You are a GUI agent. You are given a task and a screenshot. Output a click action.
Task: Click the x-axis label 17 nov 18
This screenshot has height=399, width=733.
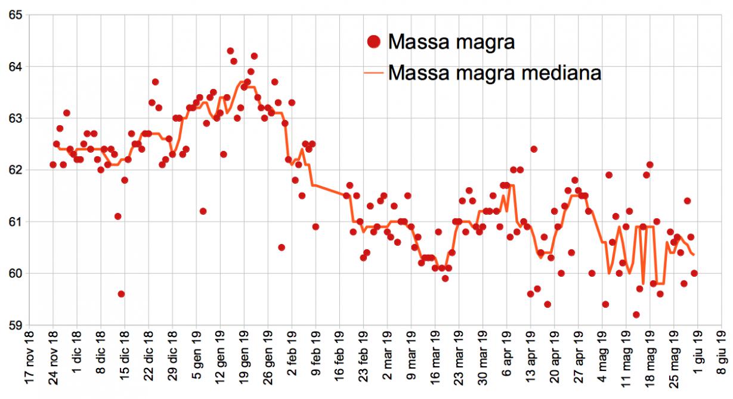click(x=30, y=361)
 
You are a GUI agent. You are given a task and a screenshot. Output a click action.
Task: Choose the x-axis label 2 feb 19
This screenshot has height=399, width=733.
click(x=292, y=361)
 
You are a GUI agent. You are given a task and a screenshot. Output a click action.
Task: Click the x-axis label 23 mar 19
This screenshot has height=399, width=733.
click(x=459, y=361)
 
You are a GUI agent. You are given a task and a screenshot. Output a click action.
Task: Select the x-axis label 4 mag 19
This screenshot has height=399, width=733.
click(x=602, y=361)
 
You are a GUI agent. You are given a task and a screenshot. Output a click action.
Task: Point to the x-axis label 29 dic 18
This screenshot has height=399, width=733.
click(x=173, y=361)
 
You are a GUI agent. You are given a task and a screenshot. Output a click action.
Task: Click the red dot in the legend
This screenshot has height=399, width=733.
click(x=374, y=42)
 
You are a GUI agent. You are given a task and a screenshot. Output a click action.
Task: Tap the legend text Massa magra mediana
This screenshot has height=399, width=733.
click(x=494, y=73)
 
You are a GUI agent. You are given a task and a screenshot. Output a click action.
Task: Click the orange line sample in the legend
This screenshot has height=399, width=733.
click(x=374, y=73)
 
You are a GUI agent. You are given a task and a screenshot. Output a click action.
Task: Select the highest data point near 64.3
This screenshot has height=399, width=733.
click(x=230, y=51)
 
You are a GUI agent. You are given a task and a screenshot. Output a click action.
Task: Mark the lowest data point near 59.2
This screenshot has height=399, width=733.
click(x=636, y=315)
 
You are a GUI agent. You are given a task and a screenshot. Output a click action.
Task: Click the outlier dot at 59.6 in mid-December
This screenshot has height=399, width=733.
click(x=121, y=294)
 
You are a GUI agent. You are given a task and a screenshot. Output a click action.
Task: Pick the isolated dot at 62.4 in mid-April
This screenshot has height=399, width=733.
click(x=534, y=149)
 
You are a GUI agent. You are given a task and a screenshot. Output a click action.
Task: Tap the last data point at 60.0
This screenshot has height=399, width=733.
click(x=694, y=273)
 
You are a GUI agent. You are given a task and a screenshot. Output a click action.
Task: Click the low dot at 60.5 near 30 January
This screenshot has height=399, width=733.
click(x=282, y=248)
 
